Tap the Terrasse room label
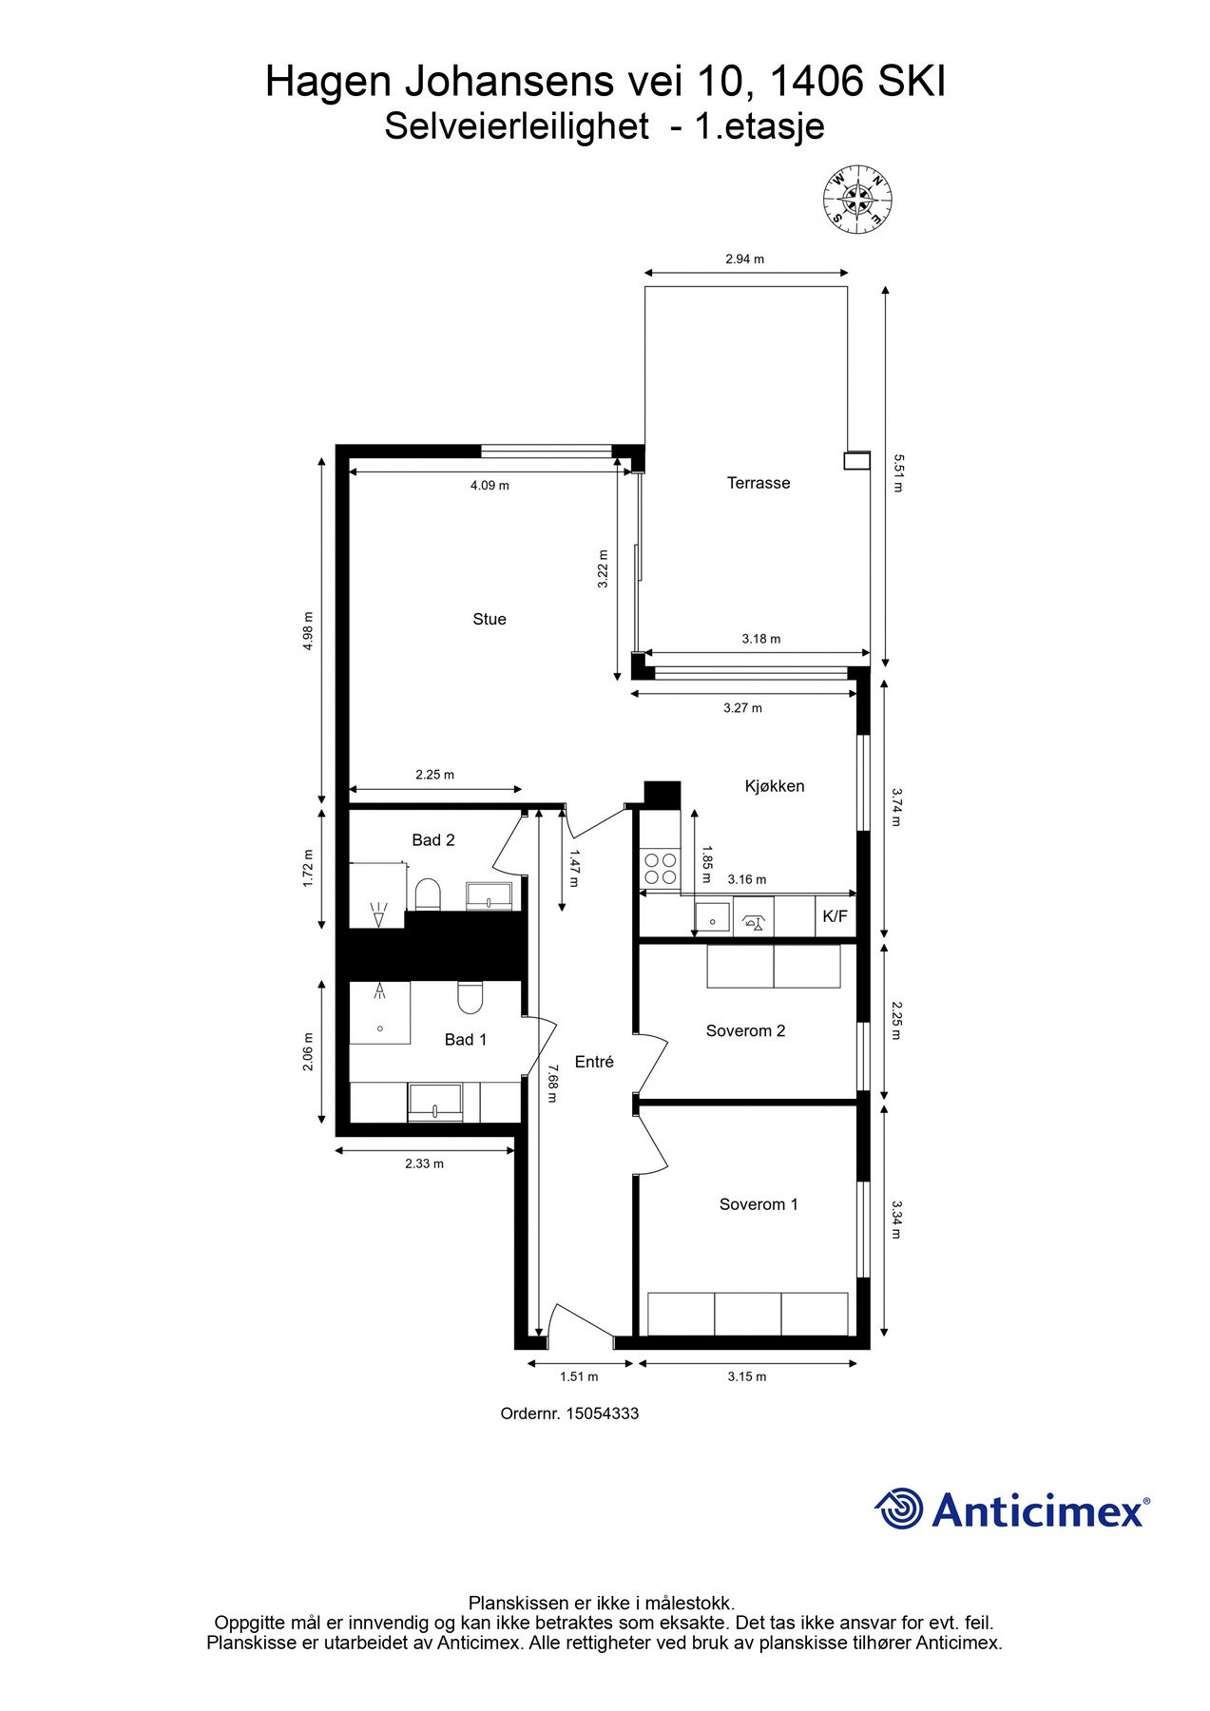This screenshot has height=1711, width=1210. click(758, 483)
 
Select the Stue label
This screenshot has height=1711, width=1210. click(490, 619)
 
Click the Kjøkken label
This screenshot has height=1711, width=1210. click(774, 786)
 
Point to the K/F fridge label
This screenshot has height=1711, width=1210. click(835, 917)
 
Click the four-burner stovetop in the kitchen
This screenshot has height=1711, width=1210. click(661, 868)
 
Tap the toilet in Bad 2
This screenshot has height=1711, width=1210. click(428, 894)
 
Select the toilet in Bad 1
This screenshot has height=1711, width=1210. click(471, 997)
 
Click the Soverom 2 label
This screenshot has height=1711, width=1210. click(745, 1030)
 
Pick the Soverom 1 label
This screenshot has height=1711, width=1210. click(759, 1204)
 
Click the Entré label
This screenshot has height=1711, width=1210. click(594, 1062)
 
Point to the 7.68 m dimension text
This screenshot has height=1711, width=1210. click(550, 1084)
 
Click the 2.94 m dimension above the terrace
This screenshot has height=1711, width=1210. click(744, 259)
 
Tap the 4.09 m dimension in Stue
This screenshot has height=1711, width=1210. click(490, 486)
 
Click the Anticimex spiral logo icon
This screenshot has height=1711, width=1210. click(898, 1509)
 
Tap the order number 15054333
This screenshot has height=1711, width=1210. click(603, 1413)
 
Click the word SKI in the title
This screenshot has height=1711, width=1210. click(911, 83)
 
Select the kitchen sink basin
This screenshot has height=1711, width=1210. click(712, 918)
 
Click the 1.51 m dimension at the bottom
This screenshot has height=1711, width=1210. click(579, 1376)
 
